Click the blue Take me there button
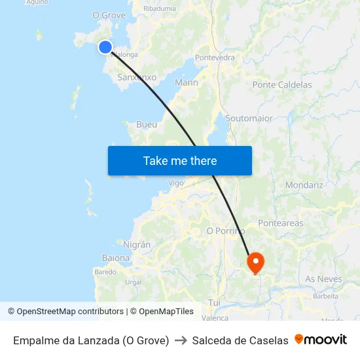tap(180, 160)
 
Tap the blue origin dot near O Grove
tap(105, 47)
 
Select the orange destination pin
tap(255, 262)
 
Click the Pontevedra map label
tap(215, 58)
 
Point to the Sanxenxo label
tap(137, 77)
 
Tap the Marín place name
tap(187, 82)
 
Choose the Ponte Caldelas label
tap(282, 84)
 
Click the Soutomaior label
tap(249, 118)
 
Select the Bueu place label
tap(147, 124)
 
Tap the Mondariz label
tap(304, 185)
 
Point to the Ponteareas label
tap(281, 223)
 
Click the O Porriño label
tap(225, 231)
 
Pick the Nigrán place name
tap(137, 244)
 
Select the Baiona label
tap(116, 258)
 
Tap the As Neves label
tap(323, 279)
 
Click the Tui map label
tap(214, 302)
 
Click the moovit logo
tap(321, 340)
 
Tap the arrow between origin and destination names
tap(181, 340)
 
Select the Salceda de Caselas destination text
tap(240, 340)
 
